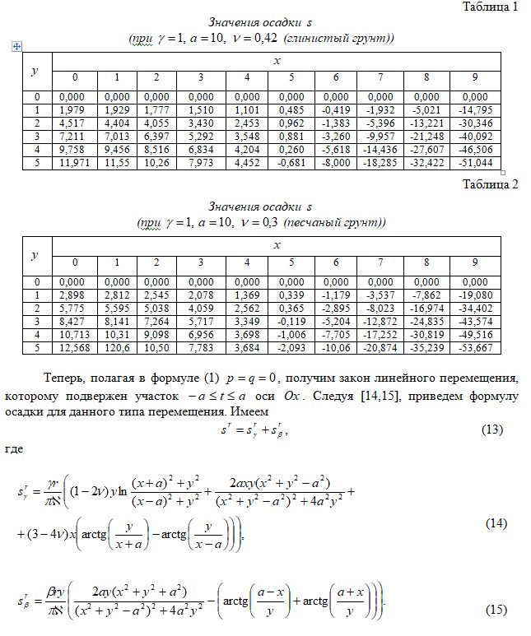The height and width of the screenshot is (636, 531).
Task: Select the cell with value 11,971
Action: [75, 164]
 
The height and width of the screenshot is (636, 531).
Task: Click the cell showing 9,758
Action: [75, 151]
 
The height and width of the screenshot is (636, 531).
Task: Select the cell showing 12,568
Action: [75, 350]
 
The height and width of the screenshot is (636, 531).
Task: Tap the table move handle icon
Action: [16, 48]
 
